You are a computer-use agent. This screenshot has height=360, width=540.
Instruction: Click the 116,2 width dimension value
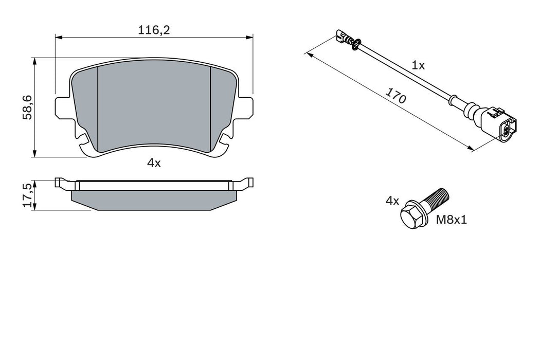(154, 30)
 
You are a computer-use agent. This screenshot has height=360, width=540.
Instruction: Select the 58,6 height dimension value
(27, 107)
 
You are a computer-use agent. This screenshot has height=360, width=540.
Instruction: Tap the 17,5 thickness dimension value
(27, 194)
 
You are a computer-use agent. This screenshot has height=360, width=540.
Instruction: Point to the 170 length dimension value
(397, 97)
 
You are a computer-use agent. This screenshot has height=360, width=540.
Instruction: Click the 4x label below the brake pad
(154, 163)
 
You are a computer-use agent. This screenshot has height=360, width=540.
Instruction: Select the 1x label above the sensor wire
(419, 65)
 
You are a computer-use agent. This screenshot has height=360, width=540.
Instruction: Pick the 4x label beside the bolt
(392, 201)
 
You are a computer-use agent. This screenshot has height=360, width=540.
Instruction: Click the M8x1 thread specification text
(452, 221)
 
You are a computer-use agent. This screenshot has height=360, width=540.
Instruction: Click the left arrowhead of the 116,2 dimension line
(58, 37)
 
